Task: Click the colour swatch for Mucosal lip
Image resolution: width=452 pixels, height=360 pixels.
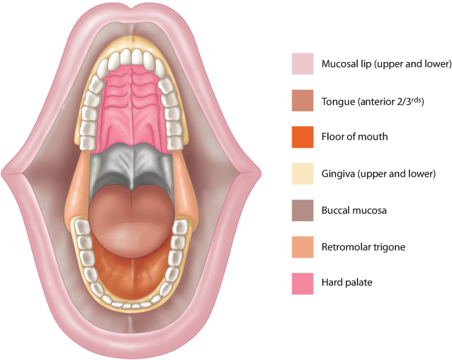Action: [x=302, y=65]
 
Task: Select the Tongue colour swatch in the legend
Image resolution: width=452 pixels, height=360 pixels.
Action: [x=302, y=101]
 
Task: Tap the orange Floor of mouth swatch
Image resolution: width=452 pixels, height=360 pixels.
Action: [x=302, y=137]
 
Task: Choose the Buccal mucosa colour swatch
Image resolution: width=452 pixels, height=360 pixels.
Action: [x=302, y=211]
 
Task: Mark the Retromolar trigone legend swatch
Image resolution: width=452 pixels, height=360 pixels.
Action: [x=302, y=247]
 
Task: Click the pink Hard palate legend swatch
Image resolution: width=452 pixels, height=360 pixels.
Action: [x=302, y=283]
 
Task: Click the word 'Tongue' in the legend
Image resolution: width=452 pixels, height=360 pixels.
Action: [x=337, y=102]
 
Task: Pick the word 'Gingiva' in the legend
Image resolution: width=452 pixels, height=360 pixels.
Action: [x=338, y=174]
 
